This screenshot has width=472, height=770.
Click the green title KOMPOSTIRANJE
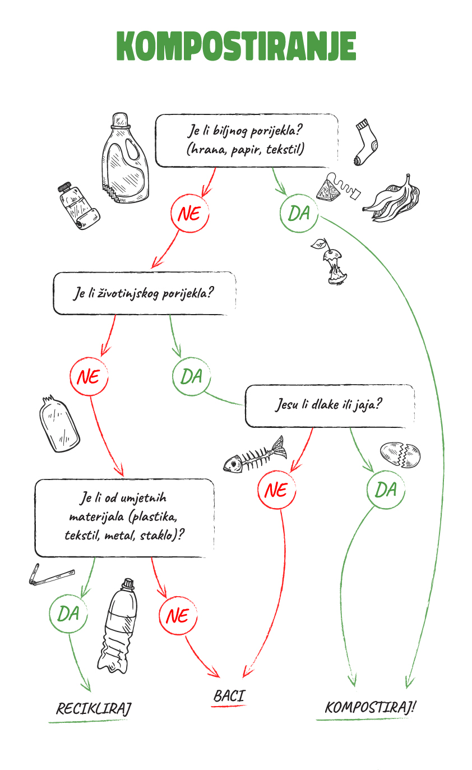(x=236, y=46)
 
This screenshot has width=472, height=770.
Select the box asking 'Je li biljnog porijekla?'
(x=246, y=141)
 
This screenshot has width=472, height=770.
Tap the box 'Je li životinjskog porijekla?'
(x=144, y=293)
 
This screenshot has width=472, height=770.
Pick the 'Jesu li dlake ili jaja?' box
(x=330, y=405)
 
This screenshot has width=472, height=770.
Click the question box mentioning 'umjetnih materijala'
(x=124, y=518)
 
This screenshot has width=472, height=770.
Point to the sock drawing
(x=366, y=142)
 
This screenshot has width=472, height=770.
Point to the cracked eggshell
(x=400, y=455)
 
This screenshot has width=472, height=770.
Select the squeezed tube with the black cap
(x=78, y=205)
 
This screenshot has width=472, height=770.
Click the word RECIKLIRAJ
(x=94, y=709)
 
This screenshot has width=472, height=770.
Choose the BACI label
(x=229, y=696)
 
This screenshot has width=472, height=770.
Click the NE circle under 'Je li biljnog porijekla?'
(x=189, y=214)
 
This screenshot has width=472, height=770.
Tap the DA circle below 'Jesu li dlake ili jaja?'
(x=386, y=490)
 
